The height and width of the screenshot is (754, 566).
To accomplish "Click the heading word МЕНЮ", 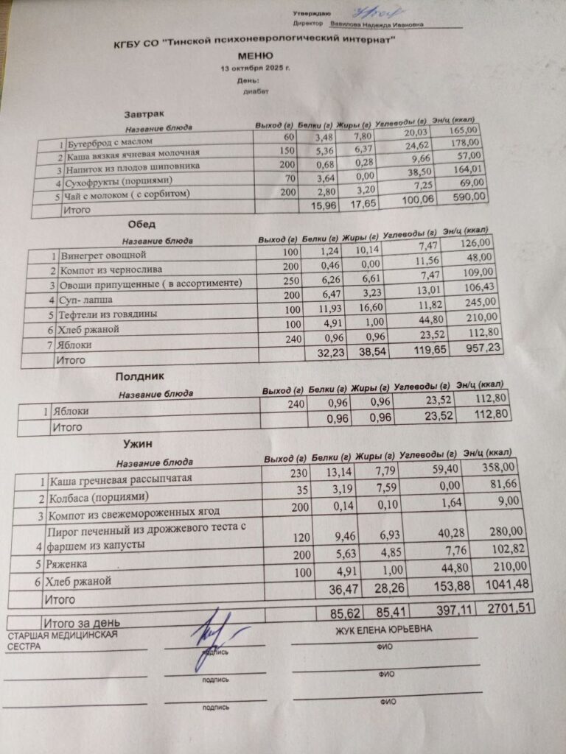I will tap(256, 56).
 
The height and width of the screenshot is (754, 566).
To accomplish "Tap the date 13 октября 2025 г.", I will tap(255, 68).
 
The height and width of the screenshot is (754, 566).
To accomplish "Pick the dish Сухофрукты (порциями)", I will tap(119, 180).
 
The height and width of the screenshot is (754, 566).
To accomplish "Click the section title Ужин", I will tap(137, 444).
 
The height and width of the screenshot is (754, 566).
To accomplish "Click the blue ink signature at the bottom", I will tap(212, 638).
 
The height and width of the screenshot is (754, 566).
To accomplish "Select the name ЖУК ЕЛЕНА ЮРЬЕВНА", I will tap(383, 630).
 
